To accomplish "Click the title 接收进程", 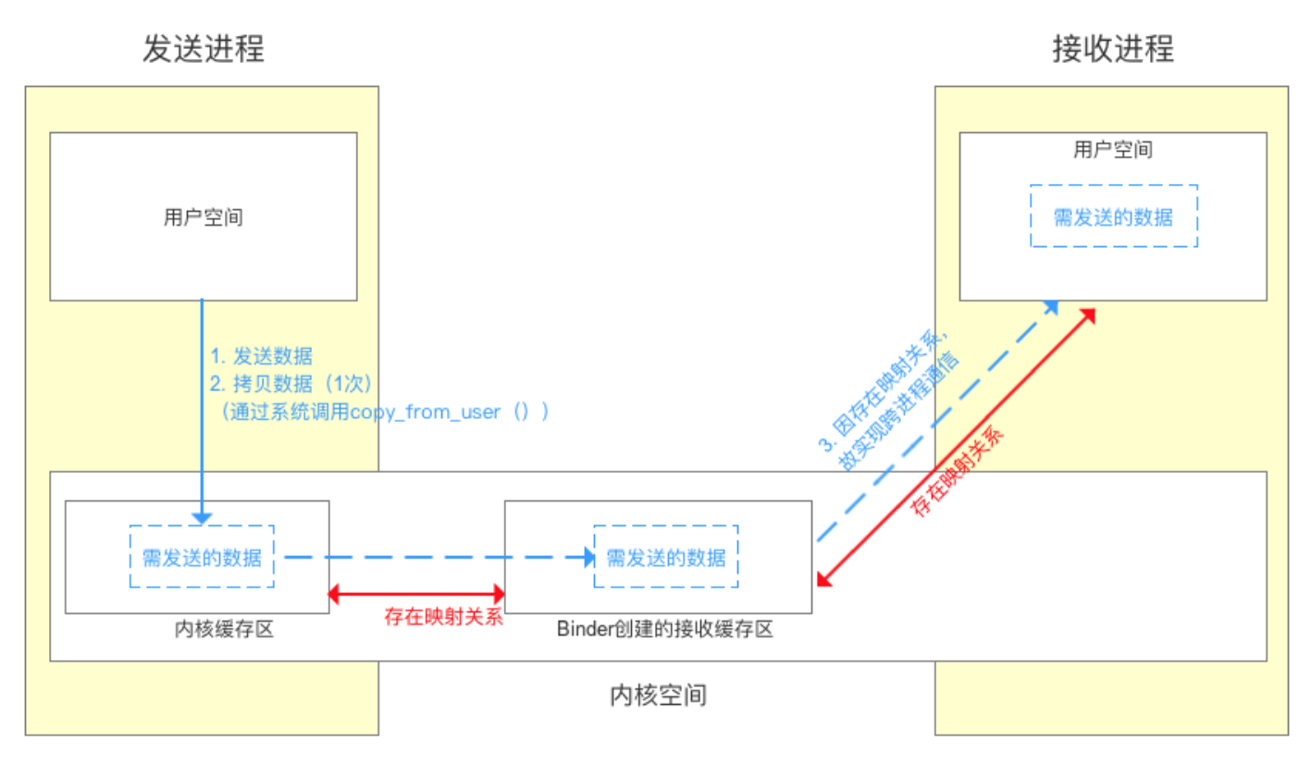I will (1113, 48).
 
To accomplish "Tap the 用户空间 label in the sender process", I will (204, 217).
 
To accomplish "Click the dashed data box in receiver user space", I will (1113, 216).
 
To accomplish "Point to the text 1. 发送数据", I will (262, 356).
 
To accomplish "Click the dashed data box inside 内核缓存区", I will (202, 557).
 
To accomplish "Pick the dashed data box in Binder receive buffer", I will (666, 557).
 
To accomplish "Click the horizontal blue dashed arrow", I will (435, 557).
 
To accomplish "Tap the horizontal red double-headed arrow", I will (416, 592).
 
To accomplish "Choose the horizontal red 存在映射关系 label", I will (443, 617).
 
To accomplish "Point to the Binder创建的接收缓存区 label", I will (664, 630).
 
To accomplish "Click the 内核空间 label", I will (659, 695).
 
